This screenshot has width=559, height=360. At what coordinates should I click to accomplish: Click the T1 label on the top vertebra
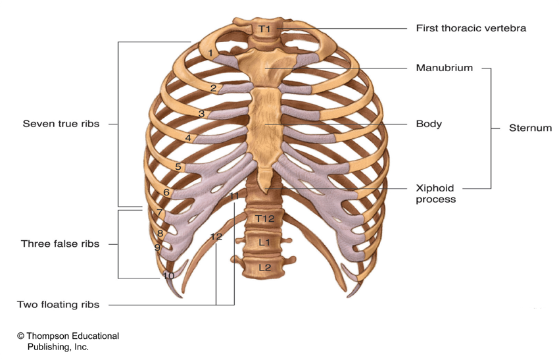[x=264, y=29]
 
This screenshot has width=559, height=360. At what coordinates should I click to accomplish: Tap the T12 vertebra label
[x=264, y=219]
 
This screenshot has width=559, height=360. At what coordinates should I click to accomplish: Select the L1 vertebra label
[x=264, y=242]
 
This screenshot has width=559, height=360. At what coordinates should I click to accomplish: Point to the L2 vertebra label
[x=264, y=267]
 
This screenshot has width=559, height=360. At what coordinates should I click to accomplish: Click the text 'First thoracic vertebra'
[x=471, y=28]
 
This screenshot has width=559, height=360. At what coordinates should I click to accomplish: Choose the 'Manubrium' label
[x=444, y=68]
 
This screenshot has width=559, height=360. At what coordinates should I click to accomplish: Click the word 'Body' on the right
[x=429, y=124]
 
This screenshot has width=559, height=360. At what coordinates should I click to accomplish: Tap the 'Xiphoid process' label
[x=435, y=193]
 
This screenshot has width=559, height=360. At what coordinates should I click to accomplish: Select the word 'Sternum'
[x=530, y=128]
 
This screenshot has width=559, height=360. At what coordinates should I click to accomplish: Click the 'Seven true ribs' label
[x=61, y=124]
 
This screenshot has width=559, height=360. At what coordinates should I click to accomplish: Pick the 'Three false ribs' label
[x=60, y=244]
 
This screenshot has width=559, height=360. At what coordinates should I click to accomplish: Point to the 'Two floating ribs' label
[x=59, y=305]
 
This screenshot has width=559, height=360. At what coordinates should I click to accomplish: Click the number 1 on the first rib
[x=210, y=53]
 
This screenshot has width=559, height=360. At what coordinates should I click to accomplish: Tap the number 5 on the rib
[x=178, y=167]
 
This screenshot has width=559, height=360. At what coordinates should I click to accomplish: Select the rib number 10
[x=168, y=276]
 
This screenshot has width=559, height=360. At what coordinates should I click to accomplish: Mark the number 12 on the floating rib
[x=216, y=236]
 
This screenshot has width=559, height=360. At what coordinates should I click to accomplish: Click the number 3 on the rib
[x=201, y=114]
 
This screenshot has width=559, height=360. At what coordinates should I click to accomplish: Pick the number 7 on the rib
[x=160, y=213]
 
